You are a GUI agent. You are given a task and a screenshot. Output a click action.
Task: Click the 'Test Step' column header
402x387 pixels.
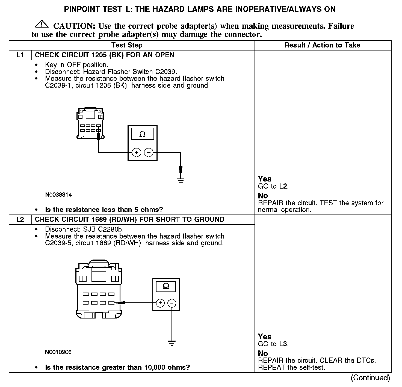[x=127, y=45]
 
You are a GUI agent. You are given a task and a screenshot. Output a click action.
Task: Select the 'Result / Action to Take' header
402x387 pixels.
[x=322, y=45]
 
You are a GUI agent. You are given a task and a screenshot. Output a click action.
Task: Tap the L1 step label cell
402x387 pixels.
[x=20, y=55]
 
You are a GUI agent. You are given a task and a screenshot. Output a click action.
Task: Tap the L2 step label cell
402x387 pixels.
[x=20, y=220]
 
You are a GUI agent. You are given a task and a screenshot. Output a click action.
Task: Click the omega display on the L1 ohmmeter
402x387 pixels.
[x=142, y=134]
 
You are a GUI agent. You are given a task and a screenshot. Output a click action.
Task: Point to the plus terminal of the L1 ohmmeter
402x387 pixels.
[x=136, y=152]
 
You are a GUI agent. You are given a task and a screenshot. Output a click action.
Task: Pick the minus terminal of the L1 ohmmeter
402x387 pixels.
[x=149, y=152]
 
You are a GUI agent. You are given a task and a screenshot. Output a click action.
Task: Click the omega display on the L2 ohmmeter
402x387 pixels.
[x=166, y=286]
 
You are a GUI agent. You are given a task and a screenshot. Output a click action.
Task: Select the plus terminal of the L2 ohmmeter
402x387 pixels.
[x=160, y=303]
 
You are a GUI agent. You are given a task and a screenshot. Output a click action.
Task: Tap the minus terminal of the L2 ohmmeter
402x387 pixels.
[x=172, y=303]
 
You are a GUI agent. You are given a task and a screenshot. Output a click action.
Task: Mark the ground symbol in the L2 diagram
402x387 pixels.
[x=172, y=343]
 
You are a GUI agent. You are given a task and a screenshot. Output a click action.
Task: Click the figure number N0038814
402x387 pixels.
[x=58, y=195]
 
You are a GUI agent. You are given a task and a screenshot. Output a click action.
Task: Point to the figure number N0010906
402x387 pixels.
[x=58, y=352]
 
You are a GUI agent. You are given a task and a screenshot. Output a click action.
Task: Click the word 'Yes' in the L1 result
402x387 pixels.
[x=265, y=179]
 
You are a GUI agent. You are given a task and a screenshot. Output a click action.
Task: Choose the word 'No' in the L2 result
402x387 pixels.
[x=263, y=353]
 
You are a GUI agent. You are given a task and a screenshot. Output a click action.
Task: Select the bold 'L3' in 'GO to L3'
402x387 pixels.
[x=283, y=344]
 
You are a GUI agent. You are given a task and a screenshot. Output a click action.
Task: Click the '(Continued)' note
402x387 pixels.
[x=370, y=378]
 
